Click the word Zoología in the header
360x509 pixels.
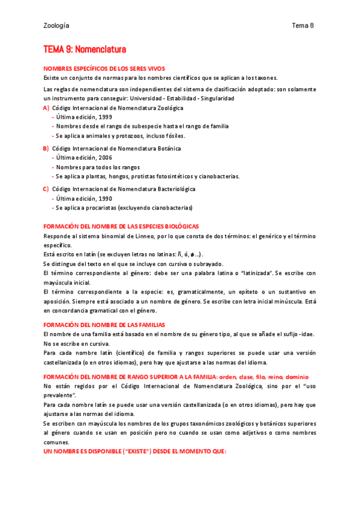click(56, 25)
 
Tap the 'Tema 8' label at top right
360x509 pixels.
click(303, 25)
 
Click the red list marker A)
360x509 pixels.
click(46, 108)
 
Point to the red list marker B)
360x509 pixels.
click(46, 148)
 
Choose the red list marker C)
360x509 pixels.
click(46, 188)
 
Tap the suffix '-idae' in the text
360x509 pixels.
click(306, 334)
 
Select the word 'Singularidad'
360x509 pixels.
click(217, 98)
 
